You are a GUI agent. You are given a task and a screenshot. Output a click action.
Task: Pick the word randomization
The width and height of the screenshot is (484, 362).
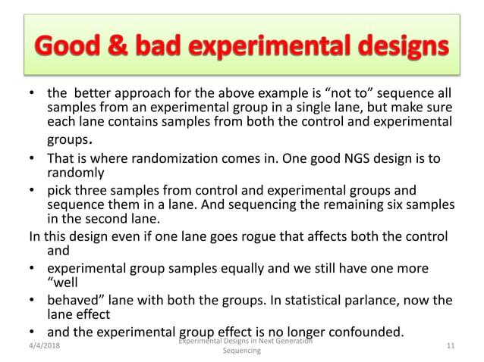(185, 160)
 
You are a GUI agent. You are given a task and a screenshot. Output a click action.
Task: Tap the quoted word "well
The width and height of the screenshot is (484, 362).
(62, 283)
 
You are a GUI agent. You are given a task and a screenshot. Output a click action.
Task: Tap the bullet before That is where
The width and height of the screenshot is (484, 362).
(33, 160)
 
